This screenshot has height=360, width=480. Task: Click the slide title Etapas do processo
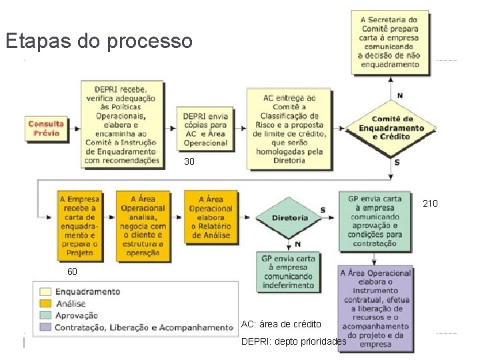(99, 42)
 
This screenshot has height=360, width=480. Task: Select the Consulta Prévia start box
(47, 127)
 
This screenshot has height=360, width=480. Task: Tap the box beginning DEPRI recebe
(122, 123)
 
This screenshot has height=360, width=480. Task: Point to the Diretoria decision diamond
(289, 217)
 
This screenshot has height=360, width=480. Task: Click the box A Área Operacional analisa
(143, 226)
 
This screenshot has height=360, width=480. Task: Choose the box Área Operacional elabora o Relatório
(210, 217)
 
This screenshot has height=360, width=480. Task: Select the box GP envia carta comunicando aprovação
(375, 221)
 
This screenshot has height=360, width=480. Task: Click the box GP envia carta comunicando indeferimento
(288, 272)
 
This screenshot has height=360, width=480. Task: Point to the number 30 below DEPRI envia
(189, 162)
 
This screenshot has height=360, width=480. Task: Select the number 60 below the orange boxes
(72, 272)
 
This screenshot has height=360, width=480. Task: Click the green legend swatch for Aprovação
(45, 315)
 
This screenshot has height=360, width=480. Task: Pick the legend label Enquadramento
(87, 291)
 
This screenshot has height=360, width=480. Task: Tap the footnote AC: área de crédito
(281, 324)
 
